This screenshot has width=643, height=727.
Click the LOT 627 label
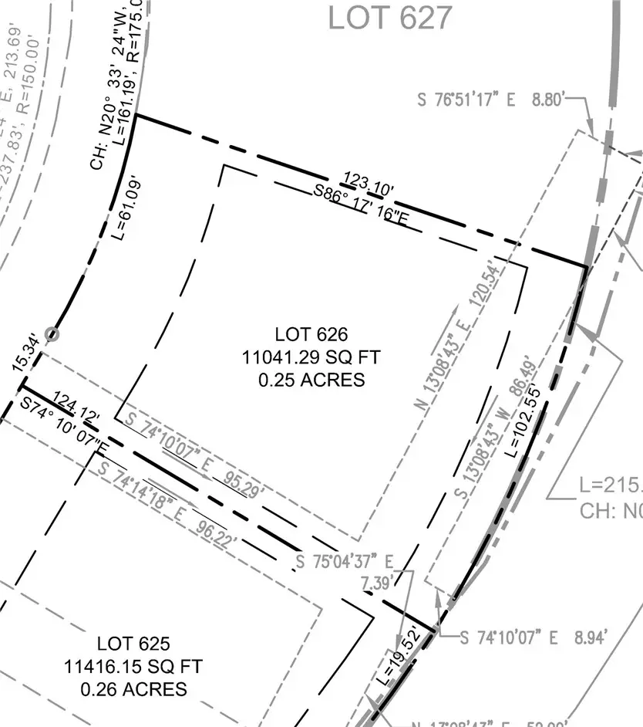389,17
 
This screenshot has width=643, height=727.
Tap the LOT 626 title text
311,334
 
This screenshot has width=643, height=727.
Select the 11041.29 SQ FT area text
311,357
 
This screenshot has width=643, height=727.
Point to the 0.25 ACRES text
311,380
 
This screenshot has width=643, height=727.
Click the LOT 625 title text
133,643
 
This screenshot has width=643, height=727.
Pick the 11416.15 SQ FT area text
133,665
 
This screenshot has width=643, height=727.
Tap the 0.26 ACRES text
133,688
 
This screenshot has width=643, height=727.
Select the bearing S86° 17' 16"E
361,207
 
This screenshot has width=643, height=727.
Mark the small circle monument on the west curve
52,334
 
